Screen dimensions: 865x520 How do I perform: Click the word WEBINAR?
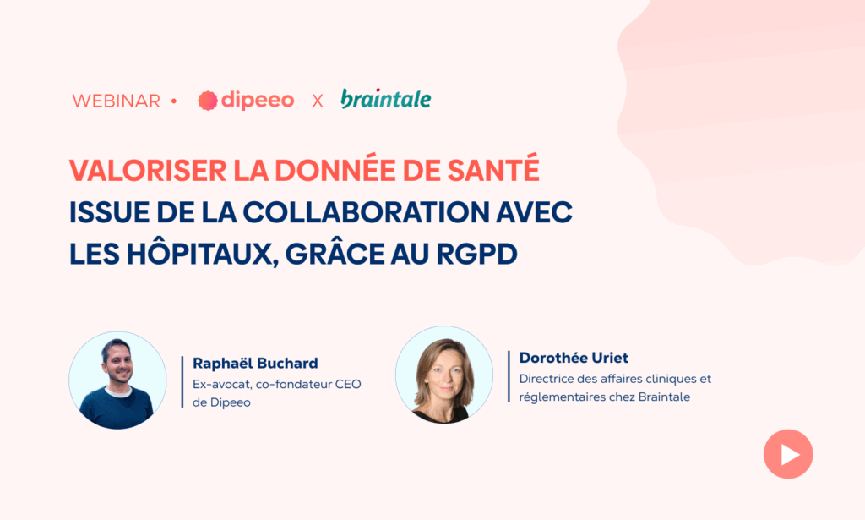tap(117, 101)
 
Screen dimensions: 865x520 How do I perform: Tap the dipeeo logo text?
tap(258, 100)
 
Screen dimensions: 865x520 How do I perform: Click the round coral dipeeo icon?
tap(208, 101)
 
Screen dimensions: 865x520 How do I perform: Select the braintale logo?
tap(386, 99)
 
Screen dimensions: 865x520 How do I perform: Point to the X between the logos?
tap(318, 101)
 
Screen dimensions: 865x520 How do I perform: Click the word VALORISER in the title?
tap(148, 171)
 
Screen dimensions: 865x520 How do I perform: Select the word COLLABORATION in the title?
tap(367, 212)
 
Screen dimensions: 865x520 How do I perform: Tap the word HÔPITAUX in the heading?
tap(203, 253)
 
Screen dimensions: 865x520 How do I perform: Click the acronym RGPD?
tap(476, 255)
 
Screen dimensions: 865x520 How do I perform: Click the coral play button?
tap(788, 454)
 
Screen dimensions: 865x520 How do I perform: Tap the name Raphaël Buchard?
tap(255, 364)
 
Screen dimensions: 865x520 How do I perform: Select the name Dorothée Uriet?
tap(574, 358)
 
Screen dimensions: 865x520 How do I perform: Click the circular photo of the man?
tap(117, 380)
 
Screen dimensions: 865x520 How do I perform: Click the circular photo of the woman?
tap(444, 375)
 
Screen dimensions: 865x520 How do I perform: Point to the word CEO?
tap(348, 384)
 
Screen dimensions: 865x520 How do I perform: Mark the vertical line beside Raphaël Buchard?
tap(182, 382)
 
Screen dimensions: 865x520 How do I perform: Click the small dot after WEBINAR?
tap(174, 101)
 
